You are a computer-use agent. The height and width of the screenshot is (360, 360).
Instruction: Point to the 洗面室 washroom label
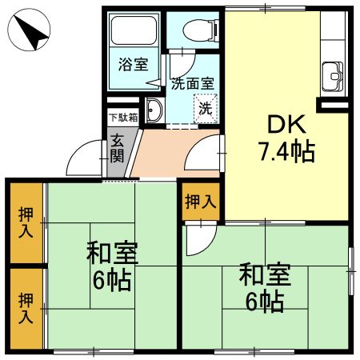(192, 82)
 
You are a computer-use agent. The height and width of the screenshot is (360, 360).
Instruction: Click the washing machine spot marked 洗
(206, 106)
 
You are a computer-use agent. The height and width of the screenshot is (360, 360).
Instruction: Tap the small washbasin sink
(154, 110)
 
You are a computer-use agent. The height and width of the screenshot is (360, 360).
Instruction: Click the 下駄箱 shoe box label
(122, 117)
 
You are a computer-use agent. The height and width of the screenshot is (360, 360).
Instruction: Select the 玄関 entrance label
(118, 148)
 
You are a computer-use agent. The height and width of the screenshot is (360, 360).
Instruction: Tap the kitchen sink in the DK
(332, 78)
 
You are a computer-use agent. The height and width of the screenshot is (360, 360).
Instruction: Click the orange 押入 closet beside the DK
(200, 202)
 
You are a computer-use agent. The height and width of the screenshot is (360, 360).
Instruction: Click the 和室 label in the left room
(112, 253)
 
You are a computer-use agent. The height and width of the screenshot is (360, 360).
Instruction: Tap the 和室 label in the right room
(264, 274)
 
